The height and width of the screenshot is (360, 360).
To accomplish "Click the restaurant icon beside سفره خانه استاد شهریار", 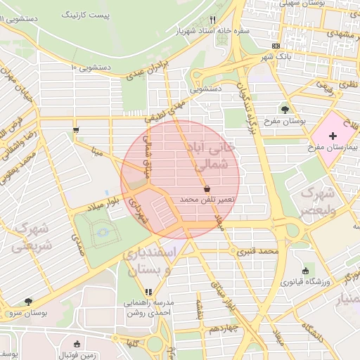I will click(212, 20).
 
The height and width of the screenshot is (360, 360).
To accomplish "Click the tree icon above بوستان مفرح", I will click(285, 109).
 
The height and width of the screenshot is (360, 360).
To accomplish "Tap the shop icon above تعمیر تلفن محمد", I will click(207, 188).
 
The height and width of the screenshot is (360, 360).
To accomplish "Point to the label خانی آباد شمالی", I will click(210, 156).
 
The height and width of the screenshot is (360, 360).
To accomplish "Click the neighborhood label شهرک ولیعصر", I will click(321, 200).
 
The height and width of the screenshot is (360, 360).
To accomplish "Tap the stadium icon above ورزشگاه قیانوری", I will click(304, 271).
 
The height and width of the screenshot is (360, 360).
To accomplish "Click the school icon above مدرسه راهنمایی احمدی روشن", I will click(148, 292).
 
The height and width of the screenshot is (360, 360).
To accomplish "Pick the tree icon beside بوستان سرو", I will click(28, 301).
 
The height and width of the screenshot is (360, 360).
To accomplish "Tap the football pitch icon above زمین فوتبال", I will click(77, 344).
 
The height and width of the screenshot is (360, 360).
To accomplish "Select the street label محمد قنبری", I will click(257, 251).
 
